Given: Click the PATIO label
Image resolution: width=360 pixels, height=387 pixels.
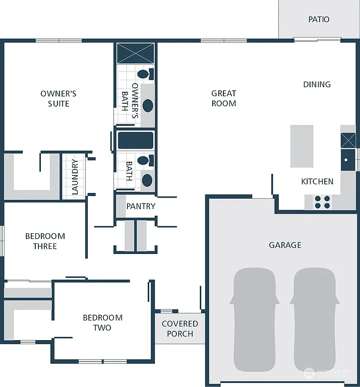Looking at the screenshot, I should pos(319,19).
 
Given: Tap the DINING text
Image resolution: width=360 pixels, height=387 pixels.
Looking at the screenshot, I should pos(317,84).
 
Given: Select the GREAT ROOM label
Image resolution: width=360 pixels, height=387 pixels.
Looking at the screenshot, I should pos(224,98).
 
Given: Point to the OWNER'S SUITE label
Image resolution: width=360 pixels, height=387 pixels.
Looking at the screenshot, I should pos(58,98).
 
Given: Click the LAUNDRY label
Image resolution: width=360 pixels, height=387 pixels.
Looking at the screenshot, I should pos(75,177).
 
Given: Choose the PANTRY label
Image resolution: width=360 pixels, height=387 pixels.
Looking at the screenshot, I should pos(141,206).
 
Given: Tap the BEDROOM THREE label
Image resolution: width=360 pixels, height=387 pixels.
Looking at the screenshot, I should pos(45,241).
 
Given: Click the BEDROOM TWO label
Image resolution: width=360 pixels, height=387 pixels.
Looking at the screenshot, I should pos(103,322).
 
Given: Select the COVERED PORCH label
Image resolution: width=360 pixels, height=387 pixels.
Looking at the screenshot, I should pos(180,329).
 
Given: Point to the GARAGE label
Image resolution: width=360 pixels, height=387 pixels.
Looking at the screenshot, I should pos(285,245).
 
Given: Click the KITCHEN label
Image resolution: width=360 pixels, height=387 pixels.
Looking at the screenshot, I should pos(317,181).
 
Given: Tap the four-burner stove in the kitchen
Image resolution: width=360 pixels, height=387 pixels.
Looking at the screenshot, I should pos(322,202).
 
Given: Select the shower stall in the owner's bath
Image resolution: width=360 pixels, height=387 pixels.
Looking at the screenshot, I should pos(136,53).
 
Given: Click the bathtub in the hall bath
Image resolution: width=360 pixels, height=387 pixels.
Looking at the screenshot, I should pos(136,141).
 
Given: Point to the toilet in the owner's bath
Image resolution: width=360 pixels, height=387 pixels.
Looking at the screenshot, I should pos(144,75).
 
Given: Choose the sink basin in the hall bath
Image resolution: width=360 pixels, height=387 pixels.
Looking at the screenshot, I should pos(147,179).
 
